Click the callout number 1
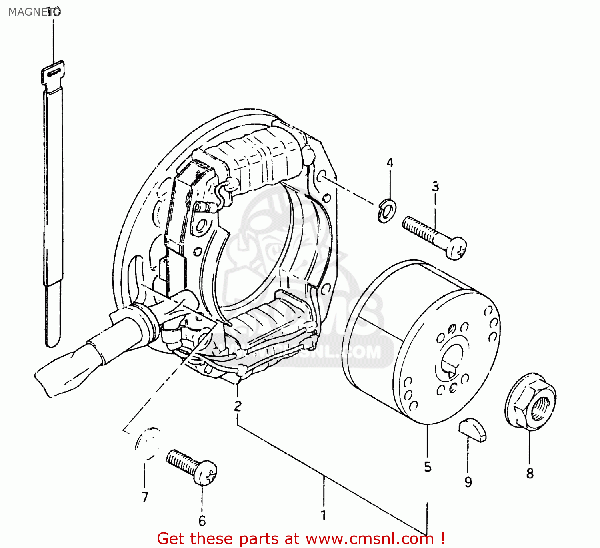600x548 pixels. pyautogui.click(x=323, y=515)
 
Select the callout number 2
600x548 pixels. pyautogui.click(x=238, y=406)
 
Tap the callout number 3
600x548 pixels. pyautogui.click(x=435, y=187)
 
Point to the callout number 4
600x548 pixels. pyautogui.click(x=390, y=163)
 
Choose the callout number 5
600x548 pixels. pyautogui.click(x=428, y=466)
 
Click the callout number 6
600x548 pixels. pyautogui.click(x=202, y=521)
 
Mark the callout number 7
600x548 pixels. pyautogui.click(x=145, y=497)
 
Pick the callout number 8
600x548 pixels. pyautogui.click(x=530, y=473)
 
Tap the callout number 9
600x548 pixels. pyautogui.click(x=468, y=482)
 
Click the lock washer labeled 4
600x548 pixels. pyautogui.click(x=386, y=210)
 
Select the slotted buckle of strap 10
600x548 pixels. pyautogui.click(x=52, y=72)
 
